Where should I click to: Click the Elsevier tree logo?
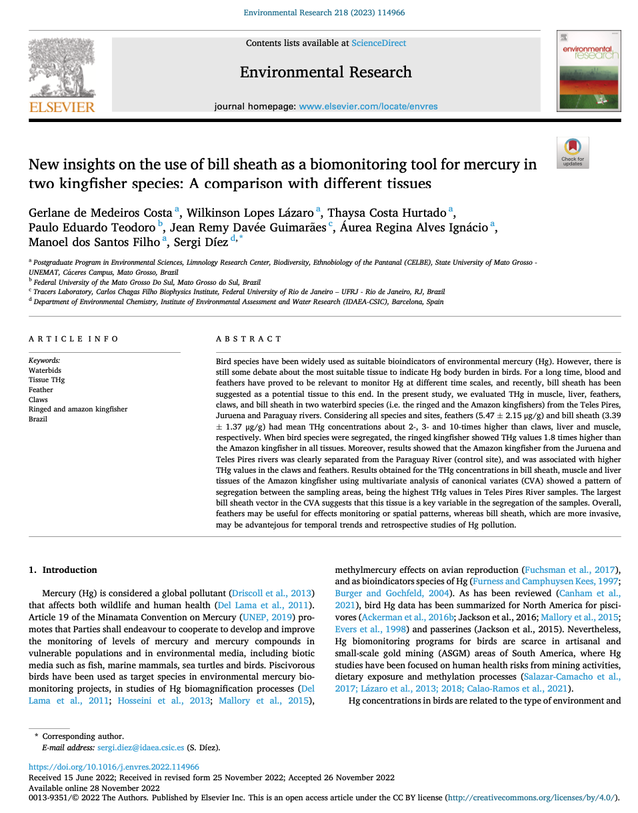click(61, 74)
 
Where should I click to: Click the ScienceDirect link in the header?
click(379, 43)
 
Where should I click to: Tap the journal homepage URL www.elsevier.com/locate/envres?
click(368, 106)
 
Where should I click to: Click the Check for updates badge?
click(573, 153)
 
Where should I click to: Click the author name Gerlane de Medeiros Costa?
click(101, 213)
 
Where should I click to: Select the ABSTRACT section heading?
click(249, 339)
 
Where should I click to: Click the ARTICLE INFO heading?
click(74, 339)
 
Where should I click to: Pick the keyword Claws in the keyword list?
click(38, 399)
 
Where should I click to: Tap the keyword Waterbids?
click(45, 370)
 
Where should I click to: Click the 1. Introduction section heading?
click(63, 570)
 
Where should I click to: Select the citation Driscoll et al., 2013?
click(271, 593)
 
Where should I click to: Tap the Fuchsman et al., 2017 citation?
click(569, 570)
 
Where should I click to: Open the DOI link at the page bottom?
click(114, 768)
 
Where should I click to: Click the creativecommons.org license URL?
click(531, 798)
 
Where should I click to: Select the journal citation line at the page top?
click(324, 13)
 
